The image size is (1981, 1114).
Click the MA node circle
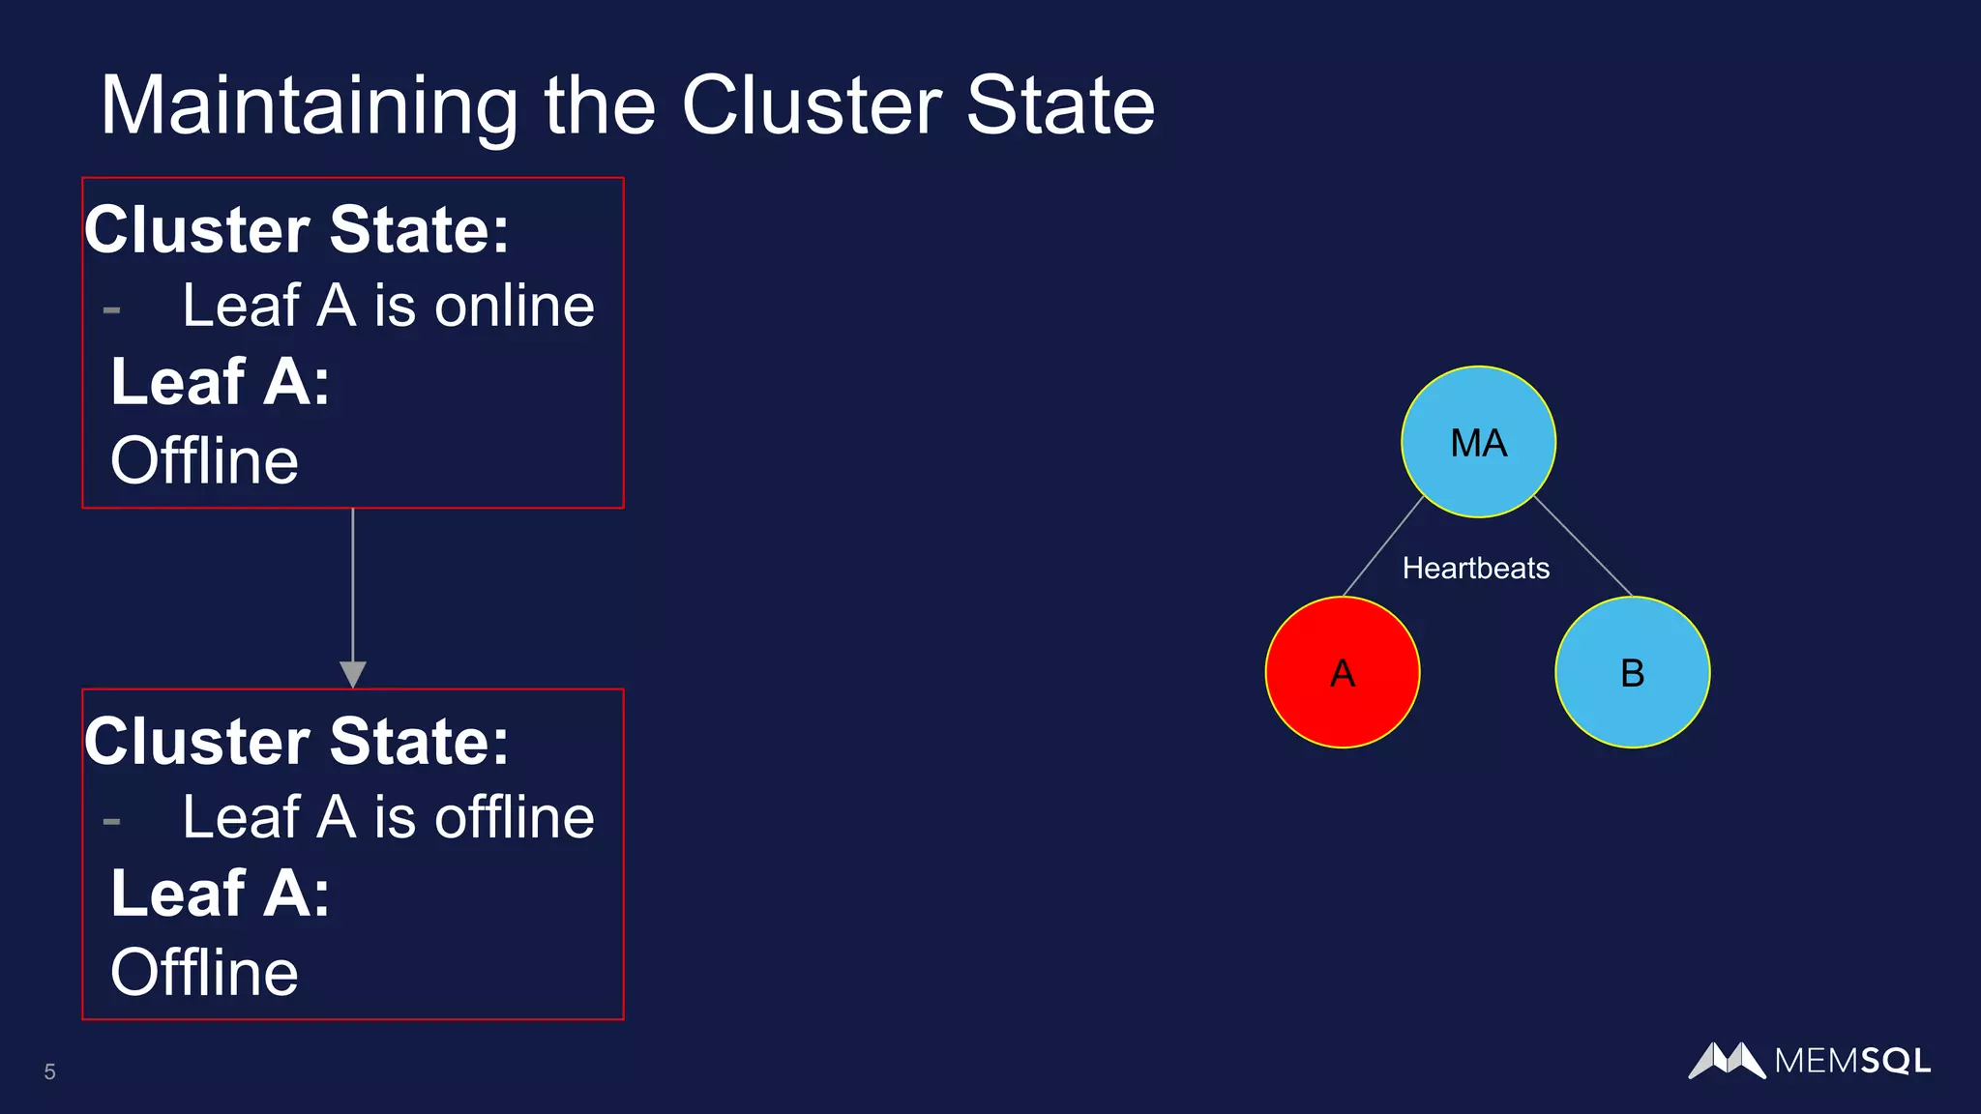pyautogui.click(x=1478, y=442)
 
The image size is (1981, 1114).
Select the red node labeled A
pyautogui.click(x=1343, y=672)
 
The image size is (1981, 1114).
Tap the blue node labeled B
pyautogui.click(x=1632, y=672)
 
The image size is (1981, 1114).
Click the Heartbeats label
pyautogui.click(x=1475, y=568)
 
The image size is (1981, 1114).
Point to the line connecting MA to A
pyautogui.click(x=1383, y=546)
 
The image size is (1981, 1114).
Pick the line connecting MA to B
pyautogui.click(x=1583, y=546)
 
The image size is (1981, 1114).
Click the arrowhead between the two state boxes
pyautogui.click(x=353, y=674)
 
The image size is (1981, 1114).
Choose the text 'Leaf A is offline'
pyautogui.click(x=388, y=817)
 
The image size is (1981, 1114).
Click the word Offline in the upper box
pyautogui.click(x=204, y=460)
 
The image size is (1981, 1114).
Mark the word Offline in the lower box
pyautogui.click(x=204, y=972)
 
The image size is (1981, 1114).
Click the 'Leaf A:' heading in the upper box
pyautogui.click(x=221, y=381)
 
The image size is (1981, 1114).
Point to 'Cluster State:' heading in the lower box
pyautogui.click(x=296, y=742)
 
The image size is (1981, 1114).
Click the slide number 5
pyautogui.click(x=49, y=1071)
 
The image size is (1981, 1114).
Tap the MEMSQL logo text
pyautogui.click(x=1852, y=1061)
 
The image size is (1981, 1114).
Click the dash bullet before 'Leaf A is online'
pyautogui.click(x=111, y=310)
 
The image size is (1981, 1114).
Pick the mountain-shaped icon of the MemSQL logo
pyautogui.click(x=1727, y=1060)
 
